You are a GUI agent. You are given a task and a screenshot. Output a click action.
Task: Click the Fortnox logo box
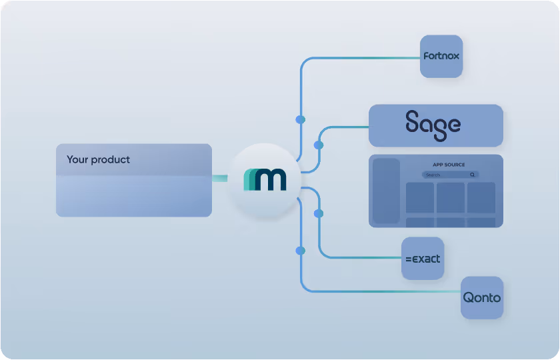[x=441, y=57]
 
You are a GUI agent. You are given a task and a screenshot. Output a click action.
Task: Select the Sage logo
[x=433, y=125]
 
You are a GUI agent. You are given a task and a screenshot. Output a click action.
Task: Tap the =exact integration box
[x=423, y=259]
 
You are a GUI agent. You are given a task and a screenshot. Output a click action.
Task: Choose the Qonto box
[x=482, y=298]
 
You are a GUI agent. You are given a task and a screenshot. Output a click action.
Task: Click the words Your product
[x=98, y=160]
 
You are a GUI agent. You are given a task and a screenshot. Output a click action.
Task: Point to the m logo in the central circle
[x=265, y=180]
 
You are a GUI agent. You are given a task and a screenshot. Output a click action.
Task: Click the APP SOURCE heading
[x=449, y=165]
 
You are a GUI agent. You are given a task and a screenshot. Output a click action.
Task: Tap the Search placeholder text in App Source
[x=433, y=175]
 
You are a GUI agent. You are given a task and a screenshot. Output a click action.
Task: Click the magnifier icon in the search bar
[x=473, y=175]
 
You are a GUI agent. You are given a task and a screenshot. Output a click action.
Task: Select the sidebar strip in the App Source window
[x=385, y=191]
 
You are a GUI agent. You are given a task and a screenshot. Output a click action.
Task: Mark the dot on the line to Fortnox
[x=300, y=119]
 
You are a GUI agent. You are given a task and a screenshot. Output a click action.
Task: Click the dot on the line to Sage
[x=319, y=145]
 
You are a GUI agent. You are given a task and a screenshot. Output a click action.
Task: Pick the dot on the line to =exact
[x=319, y=214]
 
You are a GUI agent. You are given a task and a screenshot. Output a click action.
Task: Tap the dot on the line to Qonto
[x=300, y=251]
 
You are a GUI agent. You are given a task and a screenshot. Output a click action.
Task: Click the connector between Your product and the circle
[x=220, y=178]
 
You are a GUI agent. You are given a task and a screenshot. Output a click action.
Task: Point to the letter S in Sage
[x=415, y=123]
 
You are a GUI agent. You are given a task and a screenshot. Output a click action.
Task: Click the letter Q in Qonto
[x=469, y=298]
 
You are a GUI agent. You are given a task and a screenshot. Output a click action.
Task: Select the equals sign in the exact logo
[x=408, y=259]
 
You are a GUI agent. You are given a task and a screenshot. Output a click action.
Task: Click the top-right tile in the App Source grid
[x=481, y=197]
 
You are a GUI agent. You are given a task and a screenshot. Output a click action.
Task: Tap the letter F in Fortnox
[x=426, y=57]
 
